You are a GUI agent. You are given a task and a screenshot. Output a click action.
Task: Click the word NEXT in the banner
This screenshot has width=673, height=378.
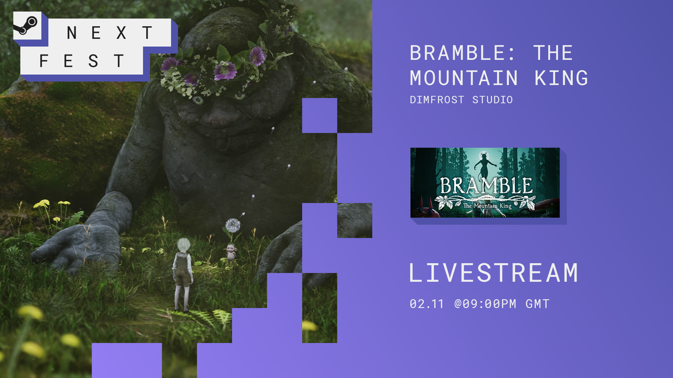click(110, 33)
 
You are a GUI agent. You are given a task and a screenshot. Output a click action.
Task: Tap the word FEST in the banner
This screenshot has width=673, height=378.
click(82, 61)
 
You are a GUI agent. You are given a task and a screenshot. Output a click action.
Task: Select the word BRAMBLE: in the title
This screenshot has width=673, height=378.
click(462, 53)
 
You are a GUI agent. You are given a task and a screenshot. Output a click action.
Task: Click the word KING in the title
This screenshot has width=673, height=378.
click(561, 78)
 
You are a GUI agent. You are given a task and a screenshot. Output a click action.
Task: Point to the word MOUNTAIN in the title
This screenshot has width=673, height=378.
click(464, 78)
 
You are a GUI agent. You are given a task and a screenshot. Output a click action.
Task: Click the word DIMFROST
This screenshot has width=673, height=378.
click(437, 100)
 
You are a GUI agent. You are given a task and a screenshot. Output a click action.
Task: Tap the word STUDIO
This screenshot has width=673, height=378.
click(492, 100)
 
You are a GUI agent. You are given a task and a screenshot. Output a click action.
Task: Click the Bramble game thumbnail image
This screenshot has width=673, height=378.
click(485, 183)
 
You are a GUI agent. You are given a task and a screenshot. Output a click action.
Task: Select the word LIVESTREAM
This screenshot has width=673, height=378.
click(494, 273)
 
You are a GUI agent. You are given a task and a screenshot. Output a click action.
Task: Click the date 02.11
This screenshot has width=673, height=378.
click(427, 304)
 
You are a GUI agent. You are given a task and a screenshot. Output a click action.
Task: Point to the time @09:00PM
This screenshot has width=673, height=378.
click(485, 304)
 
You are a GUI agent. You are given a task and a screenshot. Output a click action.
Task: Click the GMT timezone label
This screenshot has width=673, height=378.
click(537, 304)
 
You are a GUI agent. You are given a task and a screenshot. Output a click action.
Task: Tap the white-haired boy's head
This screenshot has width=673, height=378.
click(183, 245)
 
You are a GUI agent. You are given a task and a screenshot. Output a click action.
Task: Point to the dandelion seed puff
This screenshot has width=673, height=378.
click(232, 225)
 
